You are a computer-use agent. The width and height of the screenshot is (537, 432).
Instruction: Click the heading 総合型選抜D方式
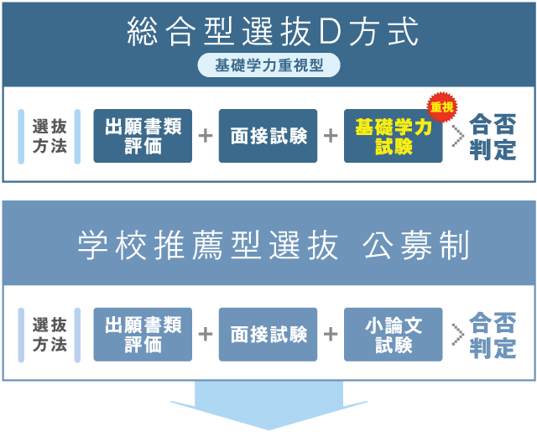click(x=273, y=33)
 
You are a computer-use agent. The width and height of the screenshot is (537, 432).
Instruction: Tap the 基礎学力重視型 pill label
click(x=268, y=65)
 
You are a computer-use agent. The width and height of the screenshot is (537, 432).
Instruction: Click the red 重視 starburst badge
click(x=441, y=107)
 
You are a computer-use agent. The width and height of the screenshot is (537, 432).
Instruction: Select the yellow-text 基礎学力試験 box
click(x=393, y=136)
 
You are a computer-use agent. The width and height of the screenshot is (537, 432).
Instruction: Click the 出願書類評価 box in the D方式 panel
click(x=143, y=136)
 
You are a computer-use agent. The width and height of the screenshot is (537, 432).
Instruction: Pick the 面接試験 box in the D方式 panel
click(x=268, y=136)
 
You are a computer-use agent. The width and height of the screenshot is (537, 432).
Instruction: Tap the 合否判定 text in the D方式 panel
click(x=493, y=137)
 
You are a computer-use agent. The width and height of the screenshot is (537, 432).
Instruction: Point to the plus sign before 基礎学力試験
click(x=331, y=136)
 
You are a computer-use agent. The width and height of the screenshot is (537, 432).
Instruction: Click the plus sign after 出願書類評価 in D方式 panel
click(x=205, y=136)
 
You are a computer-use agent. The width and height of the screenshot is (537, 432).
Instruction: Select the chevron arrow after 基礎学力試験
click(x=457, y=136)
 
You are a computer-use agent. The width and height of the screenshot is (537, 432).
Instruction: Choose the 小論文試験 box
click(x=393, y=334)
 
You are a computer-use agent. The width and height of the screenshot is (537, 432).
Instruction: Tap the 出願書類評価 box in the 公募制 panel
click(x=143, y=334)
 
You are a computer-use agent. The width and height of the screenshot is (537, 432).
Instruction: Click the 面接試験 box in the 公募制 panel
click(x=268, y=334)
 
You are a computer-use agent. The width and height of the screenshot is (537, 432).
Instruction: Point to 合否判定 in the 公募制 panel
click(x=493, y=335)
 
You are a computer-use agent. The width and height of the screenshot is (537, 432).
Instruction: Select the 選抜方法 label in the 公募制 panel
click(x=50, y=335)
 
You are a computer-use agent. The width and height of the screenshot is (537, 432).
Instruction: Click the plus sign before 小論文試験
click(x=331, y=334)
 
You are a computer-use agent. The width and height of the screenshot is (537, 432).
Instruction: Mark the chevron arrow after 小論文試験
click(x=457, y=334)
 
